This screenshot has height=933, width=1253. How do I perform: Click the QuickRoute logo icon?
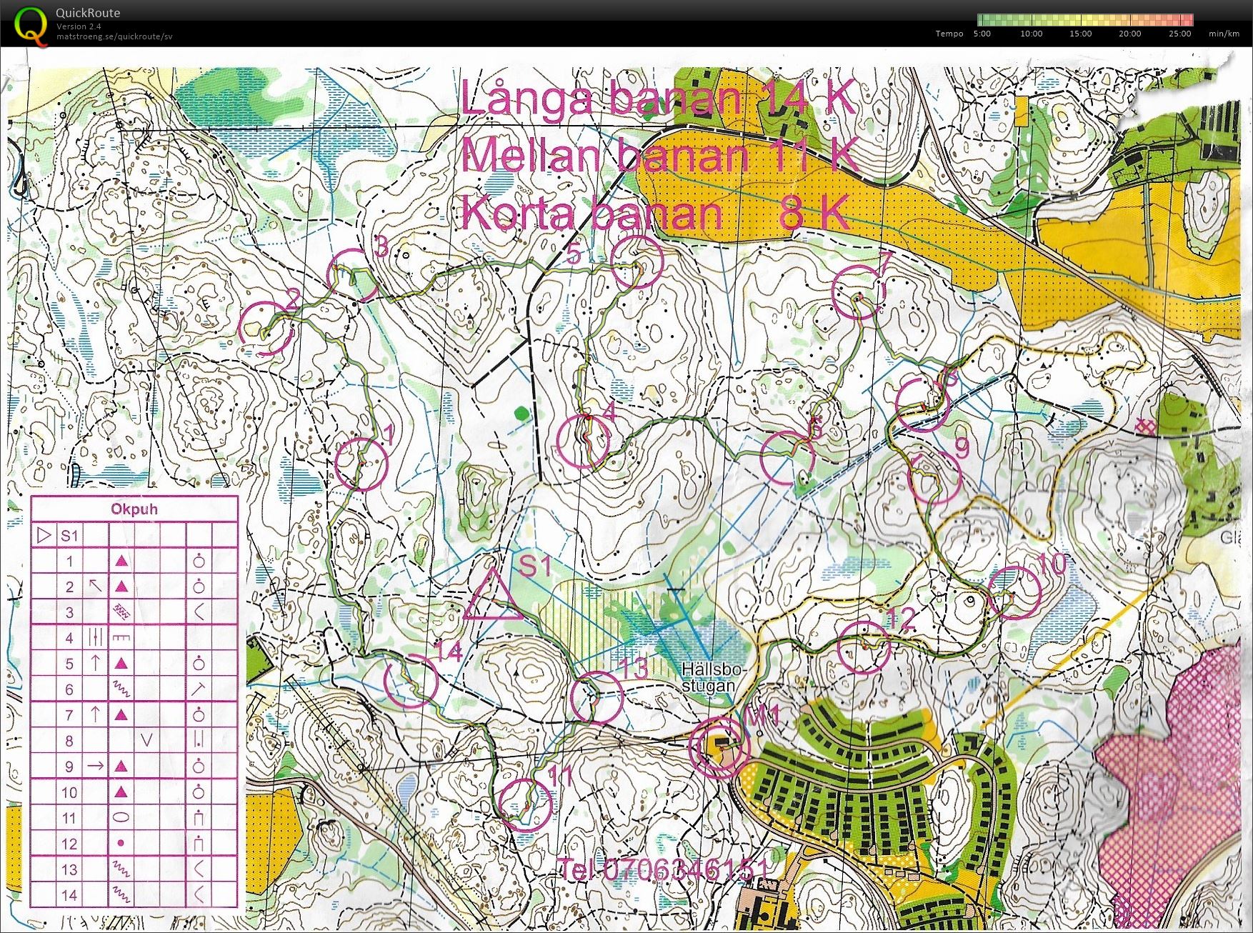click(x=31, y=25)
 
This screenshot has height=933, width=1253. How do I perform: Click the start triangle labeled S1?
click(x=492, y=597)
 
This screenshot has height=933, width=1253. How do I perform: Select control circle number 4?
click(x=583, y=442)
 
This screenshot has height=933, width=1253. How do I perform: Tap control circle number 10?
click(x=1014, y=592)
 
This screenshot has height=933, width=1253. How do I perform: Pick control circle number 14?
click(x=411, y=680)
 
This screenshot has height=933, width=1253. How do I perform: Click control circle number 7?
click(x=859, y=291)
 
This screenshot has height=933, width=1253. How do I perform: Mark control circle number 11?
click(x=526, y=804)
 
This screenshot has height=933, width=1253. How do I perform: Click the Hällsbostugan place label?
click(x=712, y=678)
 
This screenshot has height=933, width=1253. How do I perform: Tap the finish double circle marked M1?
click(x=718, y=747)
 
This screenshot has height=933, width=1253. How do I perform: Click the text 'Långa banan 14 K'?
click(x=657, y=98)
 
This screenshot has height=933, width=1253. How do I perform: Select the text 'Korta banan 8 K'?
click(x=654, y=213)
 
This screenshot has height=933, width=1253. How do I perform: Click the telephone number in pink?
click(x=664, y=869)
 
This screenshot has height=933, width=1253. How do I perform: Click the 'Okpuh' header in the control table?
click(x=134, y=509)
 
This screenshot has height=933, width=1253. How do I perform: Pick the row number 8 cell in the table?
click(x=69, y=741)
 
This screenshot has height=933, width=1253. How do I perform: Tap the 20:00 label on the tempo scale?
click(x=1129, y=34)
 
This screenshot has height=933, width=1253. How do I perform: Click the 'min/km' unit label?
click(x=1224, y=34)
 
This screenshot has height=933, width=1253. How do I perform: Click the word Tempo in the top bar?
click(x=949, y=34)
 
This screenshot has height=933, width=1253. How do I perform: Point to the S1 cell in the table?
click(x=69, y=536)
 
